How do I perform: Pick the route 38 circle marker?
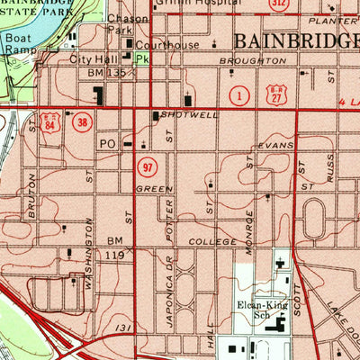click(x=83, y=121)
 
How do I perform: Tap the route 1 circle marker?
click(x=238, y=94)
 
